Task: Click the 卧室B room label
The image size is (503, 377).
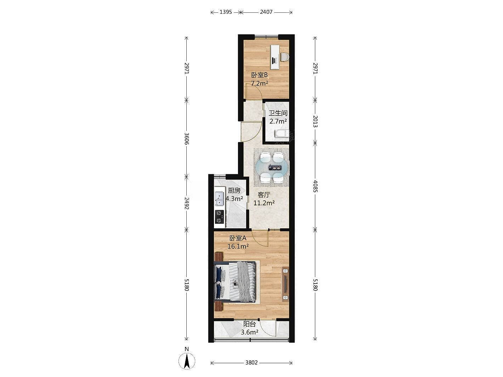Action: (259, 75)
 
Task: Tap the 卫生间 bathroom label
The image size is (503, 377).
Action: (278, 113)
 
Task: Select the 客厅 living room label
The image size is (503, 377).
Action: (264, 195)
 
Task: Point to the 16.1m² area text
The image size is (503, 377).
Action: (238, 246)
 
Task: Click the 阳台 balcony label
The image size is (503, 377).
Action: (250, 324)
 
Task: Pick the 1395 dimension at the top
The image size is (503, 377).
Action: (226, 12)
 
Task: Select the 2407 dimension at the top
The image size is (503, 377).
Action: (266, 12)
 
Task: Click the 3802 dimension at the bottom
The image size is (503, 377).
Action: (252, 362)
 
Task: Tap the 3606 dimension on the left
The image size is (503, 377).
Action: (187, 138)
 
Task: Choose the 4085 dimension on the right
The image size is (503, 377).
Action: (315, 186)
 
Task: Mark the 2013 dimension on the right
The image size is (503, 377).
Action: (315, 121)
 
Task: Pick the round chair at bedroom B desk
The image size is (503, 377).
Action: (285, 57)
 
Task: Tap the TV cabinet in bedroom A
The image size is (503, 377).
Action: (285, 284)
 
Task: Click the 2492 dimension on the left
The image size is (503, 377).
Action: (187, 203)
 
